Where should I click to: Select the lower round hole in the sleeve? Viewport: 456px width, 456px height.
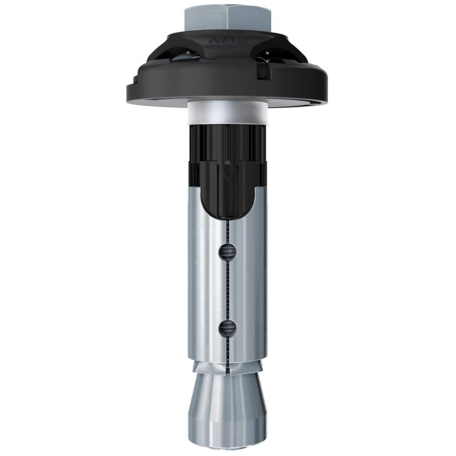click(x=227, y=327)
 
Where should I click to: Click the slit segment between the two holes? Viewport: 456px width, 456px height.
click(x=227, y=290)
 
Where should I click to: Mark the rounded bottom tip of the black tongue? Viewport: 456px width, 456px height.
click(x=227, y=214)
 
